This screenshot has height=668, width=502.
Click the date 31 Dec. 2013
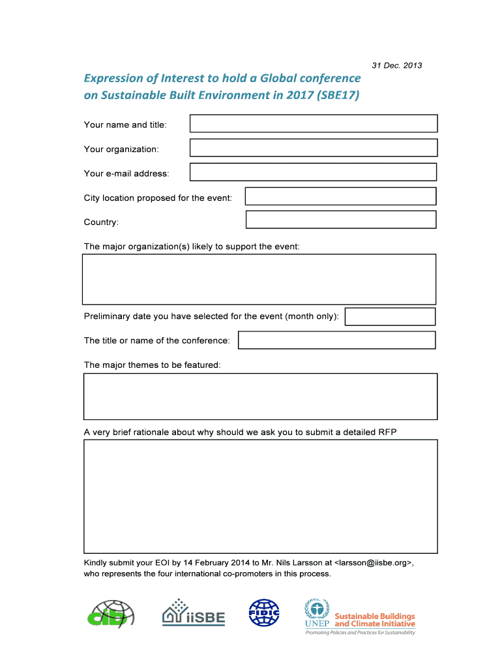(396, 65)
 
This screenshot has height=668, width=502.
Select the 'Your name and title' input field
(313, 123)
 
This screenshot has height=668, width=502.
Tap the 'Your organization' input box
(313, 148)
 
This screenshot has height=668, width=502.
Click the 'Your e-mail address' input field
(313, 172)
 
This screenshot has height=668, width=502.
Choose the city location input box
(340, 196)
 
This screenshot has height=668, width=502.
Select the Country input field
(340, 219)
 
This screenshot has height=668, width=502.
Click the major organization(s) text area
(259, 279)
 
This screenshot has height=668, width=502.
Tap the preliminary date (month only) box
(389, 316)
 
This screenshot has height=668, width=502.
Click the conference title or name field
(336, 340)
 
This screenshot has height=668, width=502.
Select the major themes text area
(260, 396)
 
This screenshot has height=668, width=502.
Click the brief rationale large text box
(260, 496)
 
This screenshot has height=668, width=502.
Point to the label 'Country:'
(101, 222)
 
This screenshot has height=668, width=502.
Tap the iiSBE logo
(193, 613)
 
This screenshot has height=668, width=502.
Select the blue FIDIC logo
(263, 613)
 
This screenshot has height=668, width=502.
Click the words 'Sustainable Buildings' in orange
(374, 616)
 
